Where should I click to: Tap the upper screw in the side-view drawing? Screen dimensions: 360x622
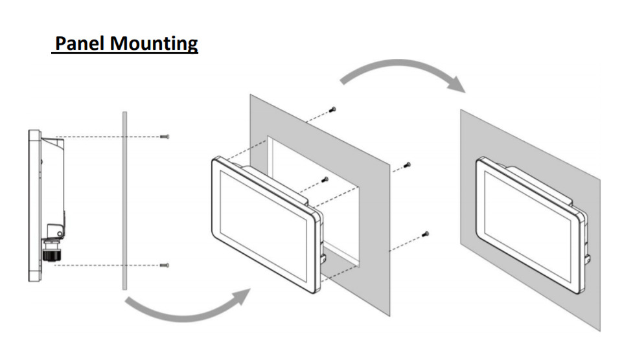(x=165, y=137)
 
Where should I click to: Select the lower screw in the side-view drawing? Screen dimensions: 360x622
(x=165, y=265)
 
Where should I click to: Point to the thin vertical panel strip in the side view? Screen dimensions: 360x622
(x=122, y=201)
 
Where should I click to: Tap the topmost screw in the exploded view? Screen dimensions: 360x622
(x=333, y=109)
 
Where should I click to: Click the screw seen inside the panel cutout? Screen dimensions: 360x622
(x=325, y=179)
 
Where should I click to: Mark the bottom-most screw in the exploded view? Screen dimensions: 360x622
(x=426, y=233)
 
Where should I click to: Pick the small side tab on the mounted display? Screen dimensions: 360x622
(x=587, y=258)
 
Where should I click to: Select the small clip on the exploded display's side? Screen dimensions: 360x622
(x=322, y=255)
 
